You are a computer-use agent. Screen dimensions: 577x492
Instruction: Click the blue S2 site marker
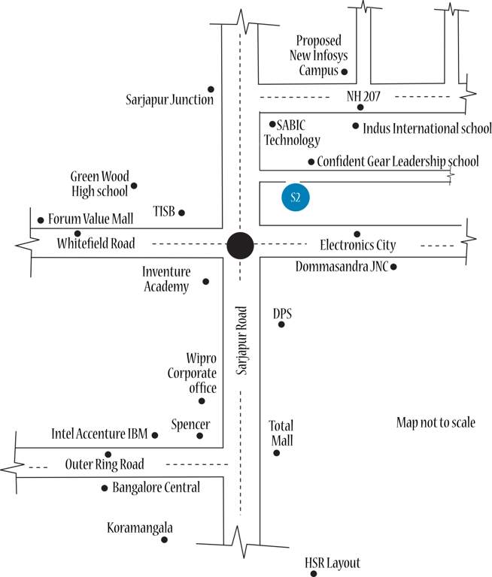coord(295,198)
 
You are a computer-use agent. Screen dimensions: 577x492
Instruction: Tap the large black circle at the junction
coord(241,245)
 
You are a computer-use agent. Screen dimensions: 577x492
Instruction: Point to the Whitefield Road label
coord(96,243)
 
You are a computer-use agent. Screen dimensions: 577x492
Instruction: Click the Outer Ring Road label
coord(105,464)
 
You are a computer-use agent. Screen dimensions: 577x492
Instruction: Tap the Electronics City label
coord(357,245)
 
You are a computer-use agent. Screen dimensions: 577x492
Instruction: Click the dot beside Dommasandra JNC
coord(393,267)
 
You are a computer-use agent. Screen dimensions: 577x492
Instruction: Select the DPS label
coord(281,313)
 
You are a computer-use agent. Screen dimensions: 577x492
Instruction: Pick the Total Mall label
coord(281,433)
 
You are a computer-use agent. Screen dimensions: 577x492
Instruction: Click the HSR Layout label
coord(333,563)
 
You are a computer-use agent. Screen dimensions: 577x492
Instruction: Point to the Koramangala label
coord(138,527)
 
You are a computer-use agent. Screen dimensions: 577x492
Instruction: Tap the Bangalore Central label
coord(156,488)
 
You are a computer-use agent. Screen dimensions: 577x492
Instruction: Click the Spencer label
coord(190,424)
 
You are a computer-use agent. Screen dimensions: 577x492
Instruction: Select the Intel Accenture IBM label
coord(99,434)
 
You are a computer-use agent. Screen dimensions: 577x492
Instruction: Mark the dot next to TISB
coord(181,213)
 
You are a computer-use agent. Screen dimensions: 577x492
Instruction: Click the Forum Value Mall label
coord(90,219)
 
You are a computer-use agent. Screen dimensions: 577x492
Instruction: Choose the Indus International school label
coord(427,128)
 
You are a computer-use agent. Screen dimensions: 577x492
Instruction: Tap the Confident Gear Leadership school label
coord(397,161)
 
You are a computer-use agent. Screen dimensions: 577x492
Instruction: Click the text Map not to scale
coord(436,423)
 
